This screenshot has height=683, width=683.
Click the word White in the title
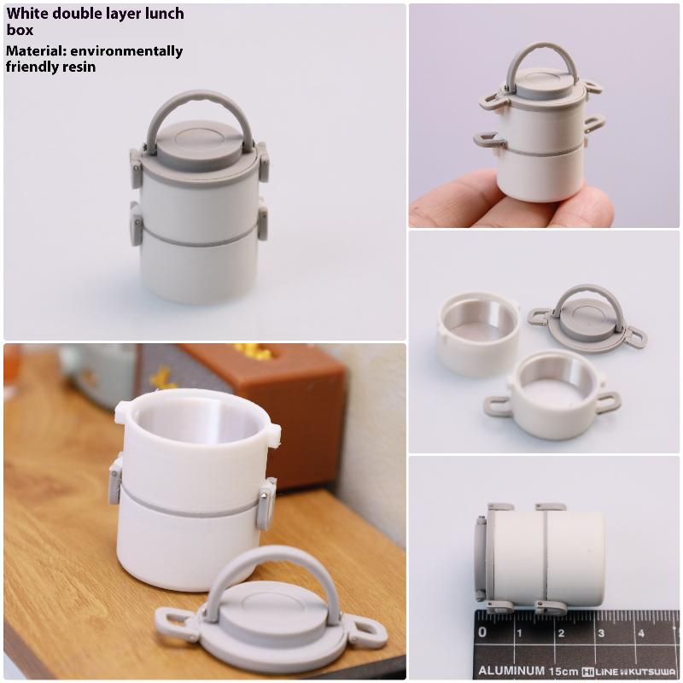pos(26,14)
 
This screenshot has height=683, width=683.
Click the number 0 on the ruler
pos(483,633)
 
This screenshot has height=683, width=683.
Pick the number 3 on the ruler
pos(600,633)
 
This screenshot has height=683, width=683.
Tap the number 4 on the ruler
pos(640,633)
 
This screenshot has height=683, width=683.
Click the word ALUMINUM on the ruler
pos(510,670)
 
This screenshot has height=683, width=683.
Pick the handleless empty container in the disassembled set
pos(477,331)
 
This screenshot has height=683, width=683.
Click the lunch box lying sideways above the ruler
pos(538,556)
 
